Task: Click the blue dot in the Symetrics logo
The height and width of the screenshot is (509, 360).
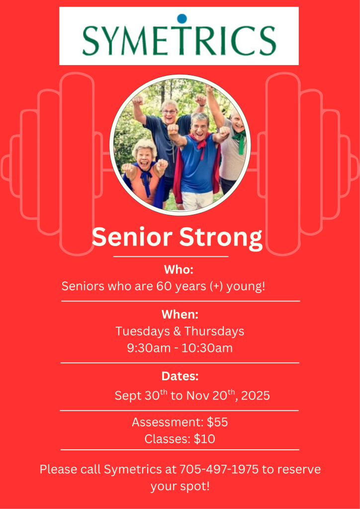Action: (x=182, y=18)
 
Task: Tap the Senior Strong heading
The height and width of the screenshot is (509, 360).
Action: (x=177, y=238)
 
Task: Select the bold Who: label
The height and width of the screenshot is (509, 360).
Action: (x=179, y=269)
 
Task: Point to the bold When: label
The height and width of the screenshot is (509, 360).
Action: (x=180, y=314)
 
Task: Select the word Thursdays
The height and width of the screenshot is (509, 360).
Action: (x=214, y=332)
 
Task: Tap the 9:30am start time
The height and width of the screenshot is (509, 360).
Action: (x=149, y=348)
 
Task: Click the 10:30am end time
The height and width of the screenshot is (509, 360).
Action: (x=207, y=348)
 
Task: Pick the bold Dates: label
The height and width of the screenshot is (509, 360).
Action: (x=180, y=377)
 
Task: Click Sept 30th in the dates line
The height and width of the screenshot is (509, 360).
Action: (x=141, y=395)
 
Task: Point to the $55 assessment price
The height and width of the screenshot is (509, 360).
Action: (x=217, y=423)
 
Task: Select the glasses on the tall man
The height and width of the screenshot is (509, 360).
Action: (x=170, y=112)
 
